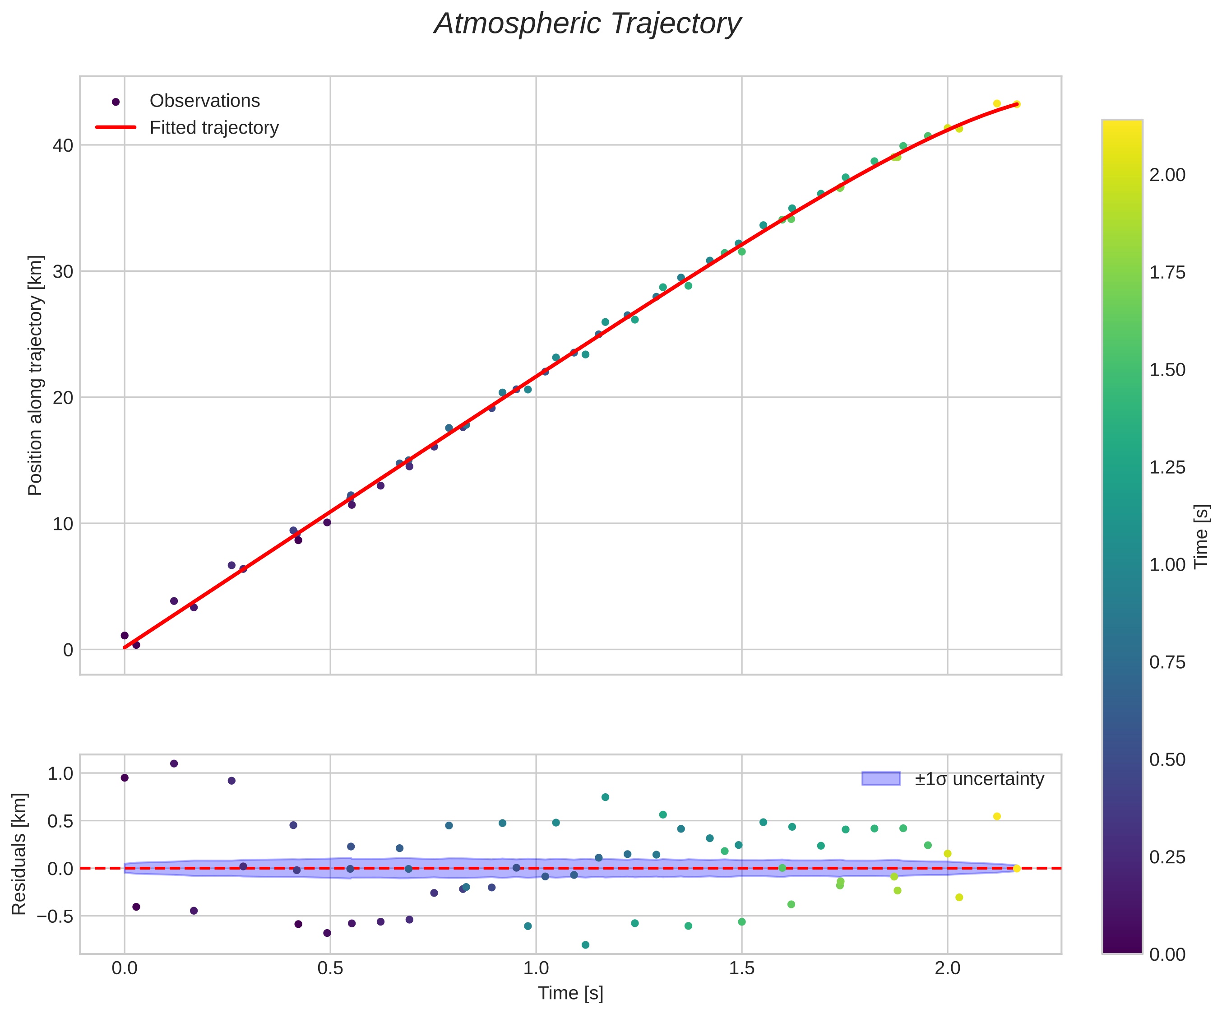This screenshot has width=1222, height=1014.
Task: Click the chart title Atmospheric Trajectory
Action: coord(587,24)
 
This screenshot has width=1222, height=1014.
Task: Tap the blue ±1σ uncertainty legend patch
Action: coord(880,779)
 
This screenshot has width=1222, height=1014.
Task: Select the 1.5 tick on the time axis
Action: coord(741,968)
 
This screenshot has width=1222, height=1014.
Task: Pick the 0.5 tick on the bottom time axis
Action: coord(330,968)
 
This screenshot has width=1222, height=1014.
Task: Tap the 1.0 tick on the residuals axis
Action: coord(60,774)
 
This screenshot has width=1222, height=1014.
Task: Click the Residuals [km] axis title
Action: coord(19,854)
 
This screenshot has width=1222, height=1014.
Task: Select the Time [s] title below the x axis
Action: coord(570,993)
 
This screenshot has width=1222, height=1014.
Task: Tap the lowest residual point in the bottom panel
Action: coord(585,945)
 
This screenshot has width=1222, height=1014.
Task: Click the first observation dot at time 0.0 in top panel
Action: coord(125,636)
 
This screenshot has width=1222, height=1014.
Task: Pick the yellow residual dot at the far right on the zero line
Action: coord(1017,869)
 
